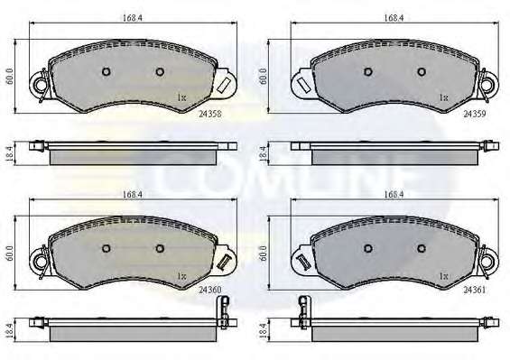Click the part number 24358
click(209, 114)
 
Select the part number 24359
click(475, 114)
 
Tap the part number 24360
click(209, 290)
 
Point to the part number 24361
click(475, 290)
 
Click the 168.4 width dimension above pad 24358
click(133, 17)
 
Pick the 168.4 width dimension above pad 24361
click(394, 195)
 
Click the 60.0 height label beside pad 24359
click(264, 77)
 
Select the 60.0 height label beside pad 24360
click(9, 254)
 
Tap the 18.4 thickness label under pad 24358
click(9, 153)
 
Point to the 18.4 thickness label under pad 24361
click(264, 330)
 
